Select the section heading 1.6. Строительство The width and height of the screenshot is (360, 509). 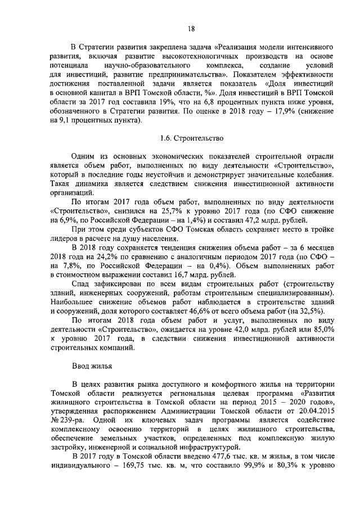(x=192, y=137)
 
